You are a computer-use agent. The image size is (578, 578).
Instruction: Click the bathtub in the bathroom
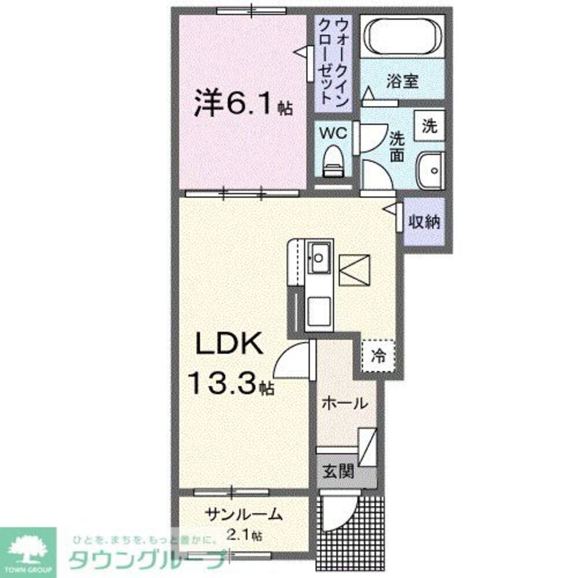(x=403, y=36)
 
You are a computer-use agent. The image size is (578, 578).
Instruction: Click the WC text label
(x=333, y=132)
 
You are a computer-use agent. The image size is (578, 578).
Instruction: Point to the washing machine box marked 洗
(x=429, y=125)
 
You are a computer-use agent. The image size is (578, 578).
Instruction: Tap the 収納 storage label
(x=424, y=222)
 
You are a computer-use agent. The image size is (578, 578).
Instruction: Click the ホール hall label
(x=344, y=403)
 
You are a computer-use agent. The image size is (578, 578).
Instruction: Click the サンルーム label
(x=246, y=513)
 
